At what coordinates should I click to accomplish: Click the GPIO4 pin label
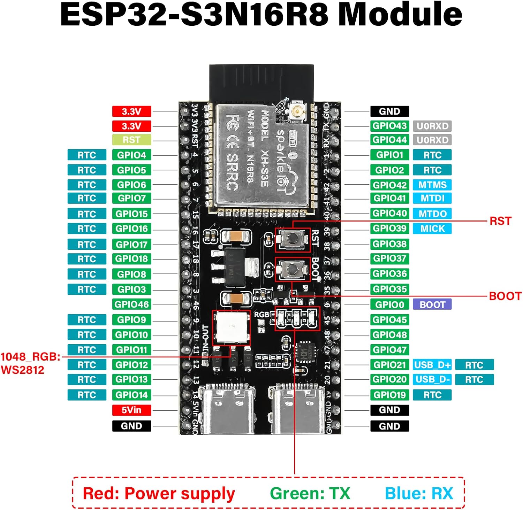[x=131, y=155]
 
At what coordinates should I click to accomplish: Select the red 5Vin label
[x=131, y=410]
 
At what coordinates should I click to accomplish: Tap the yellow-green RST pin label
[x=131, y=140]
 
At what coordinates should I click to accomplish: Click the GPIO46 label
[x=131, y=304]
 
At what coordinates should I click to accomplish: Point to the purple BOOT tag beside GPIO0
[x=432, y=304]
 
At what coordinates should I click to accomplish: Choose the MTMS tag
[x=432, y=185]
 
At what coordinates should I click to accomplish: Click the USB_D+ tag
[x=432, y=365]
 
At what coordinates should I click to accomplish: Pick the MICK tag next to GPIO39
[x=432, y=229]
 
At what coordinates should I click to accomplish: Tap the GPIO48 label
[x=389, y=335]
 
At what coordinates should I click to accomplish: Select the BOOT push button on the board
[x=292, y=269]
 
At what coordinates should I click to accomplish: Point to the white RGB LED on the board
[x=232, y=327]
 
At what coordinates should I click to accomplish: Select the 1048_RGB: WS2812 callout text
[x=30, y=363]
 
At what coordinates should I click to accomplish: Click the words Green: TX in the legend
[x=310, y=493]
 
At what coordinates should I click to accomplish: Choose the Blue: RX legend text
[x=419, y=493]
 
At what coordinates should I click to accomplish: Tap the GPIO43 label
[x=389, y=126]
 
